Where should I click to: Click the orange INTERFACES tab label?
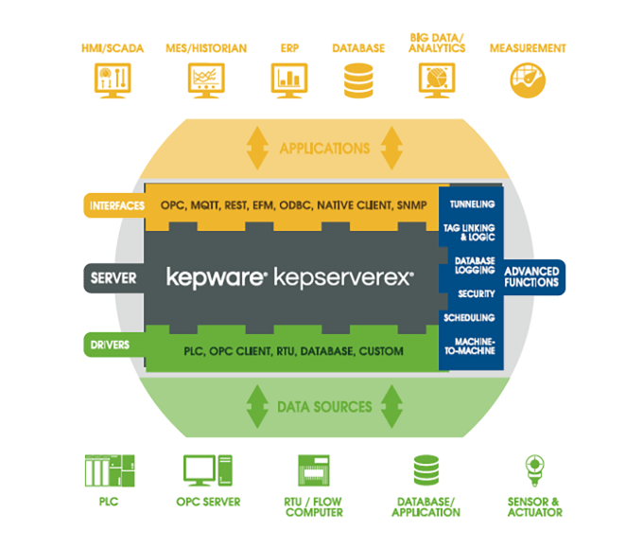116,204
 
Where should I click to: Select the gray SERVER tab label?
113,278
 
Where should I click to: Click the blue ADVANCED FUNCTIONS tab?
534,276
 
